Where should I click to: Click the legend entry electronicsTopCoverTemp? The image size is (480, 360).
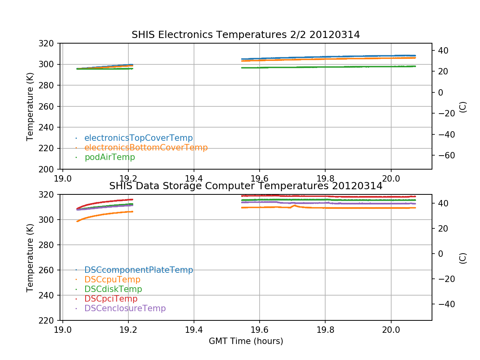[138, 138]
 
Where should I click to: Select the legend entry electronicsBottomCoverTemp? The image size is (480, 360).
[146, 148]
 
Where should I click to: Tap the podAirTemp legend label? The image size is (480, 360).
[110, 157]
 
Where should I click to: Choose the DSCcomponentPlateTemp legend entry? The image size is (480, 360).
[139, 270]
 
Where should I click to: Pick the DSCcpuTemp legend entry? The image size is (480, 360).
[112, 280]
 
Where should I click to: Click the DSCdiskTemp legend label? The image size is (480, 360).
[113, 289]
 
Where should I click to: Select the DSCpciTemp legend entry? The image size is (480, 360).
[111, 299]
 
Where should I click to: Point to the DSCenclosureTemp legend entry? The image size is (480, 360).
[125, 308]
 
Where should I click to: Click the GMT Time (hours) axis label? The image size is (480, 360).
[246, 341]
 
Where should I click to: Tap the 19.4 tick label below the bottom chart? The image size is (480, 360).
[194, 330]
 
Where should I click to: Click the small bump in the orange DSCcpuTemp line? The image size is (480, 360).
[294, 206]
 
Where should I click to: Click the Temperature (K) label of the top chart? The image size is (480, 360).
[30, 106]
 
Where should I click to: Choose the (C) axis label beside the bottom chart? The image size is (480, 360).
[463, 258]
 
